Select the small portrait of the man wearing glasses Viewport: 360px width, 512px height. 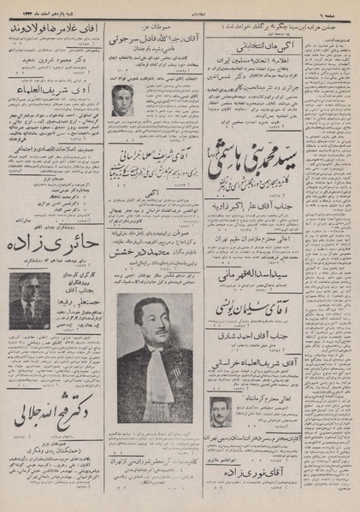pos(29,300)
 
